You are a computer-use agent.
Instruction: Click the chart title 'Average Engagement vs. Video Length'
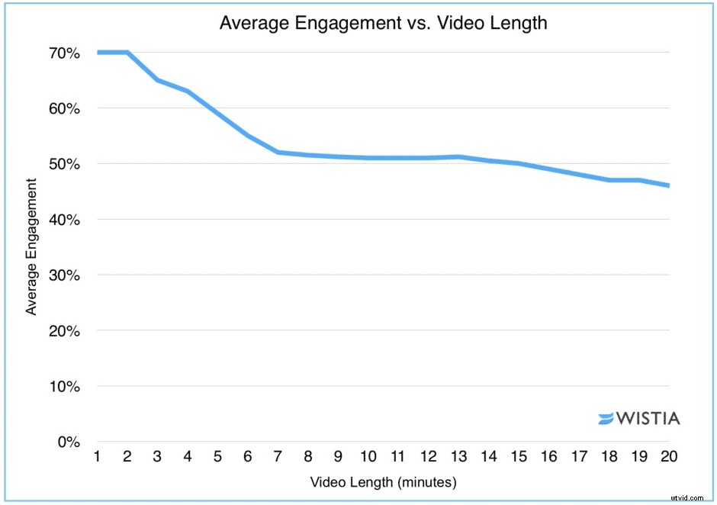click(x=383, y=23)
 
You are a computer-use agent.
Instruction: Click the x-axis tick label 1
click(x=98, y=457)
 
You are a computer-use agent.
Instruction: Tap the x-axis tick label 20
click(x=669, y=457)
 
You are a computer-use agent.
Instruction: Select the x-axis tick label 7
click(x=278, y=457)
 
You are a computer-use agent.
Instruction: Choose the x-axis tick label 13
click(x=458, y=457)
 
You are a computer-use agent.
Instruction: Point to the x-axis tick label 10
click(x=368, y=457)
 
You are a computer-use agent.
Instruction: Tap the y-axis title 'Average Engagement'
click(x=31, y=246)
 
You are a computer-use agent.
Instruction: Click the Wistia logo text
click(x=648, y=418)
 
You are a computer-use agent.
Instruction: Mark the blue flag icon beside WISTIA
click(x=606, y=418)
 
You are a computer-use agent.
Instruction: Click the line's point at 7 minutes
click(x=278, y=152)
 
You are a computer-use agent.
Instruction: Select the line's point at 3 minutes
click(x=158, y=80)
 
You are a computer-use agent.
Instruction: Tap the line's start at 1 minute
click(x=98, y=53)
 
